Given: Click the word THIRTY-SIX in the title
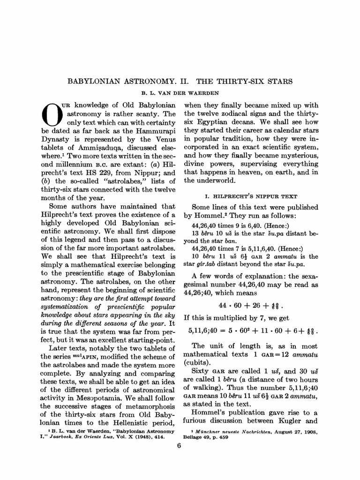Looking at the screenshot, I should click(243, 81).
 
